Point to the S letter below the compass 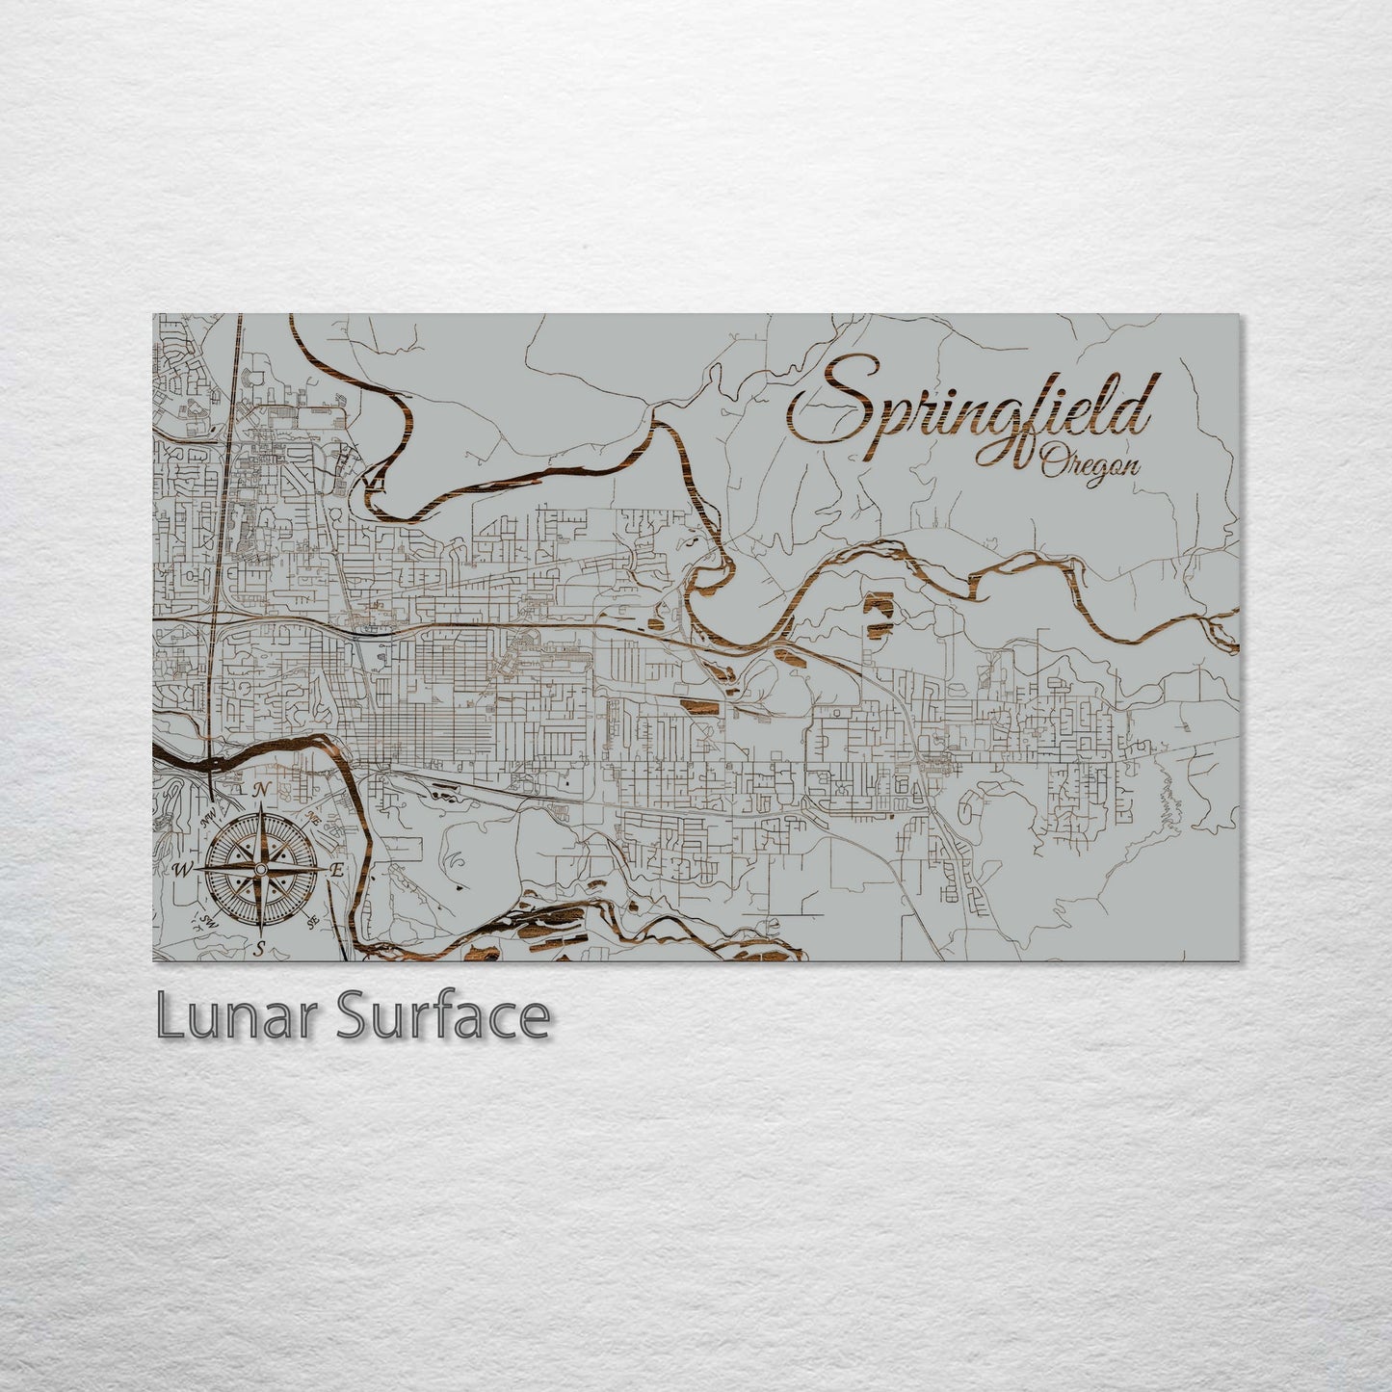point(260,947)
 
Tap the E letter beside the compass point(337,870)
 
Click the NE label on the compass point(314,817)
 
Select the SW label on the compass point(208,921)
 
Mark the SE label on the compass point(312,922)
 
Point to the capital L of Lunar point(169,1017)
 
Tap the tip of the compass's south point point(261,932)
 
